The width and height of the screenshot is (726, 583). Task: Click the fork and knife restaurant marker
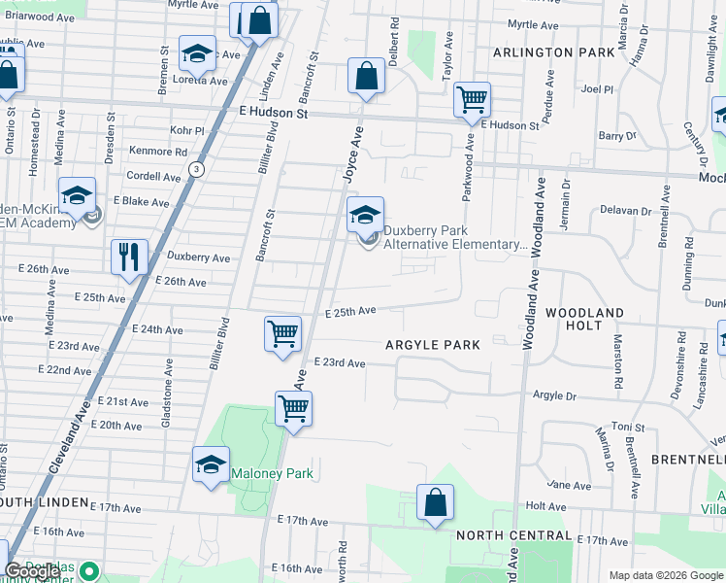pyautogui.click(x=129, y=257)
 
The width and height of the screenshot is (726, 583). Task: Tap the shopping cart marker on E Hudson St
pyautogui.click(x=472, y=98)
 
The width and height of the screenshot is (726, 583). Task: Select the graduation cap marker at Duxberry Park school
pyautogui.click(x=366, y=215)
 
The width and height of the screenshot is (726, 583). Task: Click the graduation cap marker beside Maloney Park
pyautogui.click(x=211, y=463)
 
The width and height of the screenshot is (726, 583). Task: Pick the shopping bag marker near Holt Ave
pyautogui.click(x=436, y=503)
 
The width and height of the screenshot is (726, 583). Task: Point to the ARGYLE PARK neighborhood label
pyautogui.click(x=433, y=345)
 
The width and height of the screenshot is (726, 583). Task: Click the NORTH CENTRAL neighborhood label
pyautogui.click(x=513, y=535)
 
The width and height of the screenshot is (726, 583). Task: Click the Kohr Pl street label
pyautogui.click(x=187, y=130)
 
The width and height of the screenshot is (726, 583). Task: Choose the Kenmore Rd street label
pyautogui.click(x=157, y=152)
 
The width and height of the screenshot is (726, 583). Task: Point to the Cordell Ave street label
pyautogui.click(x=153, y=177)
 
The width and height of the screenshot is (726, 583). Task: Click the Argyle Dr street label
pyautogui.click(x=555, y=395)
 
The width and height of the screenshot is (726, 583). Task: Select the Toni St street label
pyautogui.click(x=628, y=428)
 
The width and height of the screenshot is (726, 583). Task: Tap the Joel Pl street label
pyautogui.click(x=597, y=88)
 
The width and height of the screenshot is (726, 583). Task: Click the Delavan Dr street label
pyautogui.click(x=625, y=210)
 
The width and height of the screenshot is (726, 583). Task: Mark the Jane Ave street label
pyautogui.click(x=569, y=485)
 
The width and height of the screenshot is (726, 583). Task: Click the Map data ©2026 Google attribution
pyautogui.click(x=665, y=575)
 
